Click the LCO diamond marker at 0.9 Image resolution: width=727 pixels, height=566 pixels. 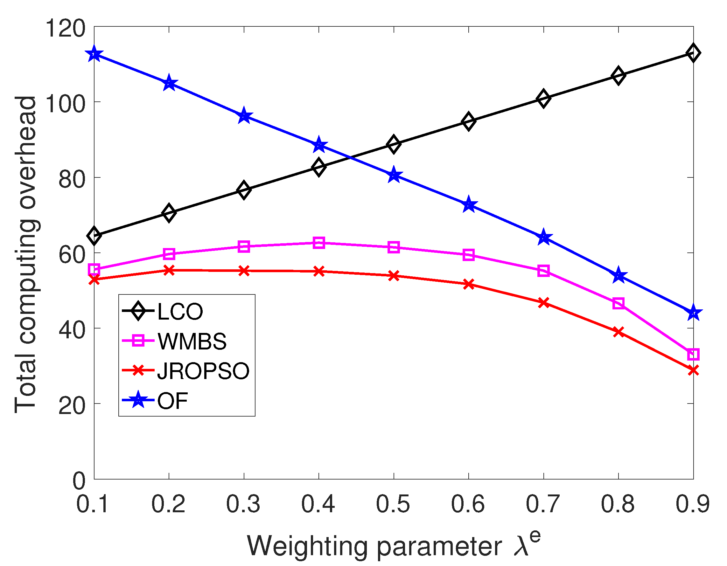(x=693, y=52)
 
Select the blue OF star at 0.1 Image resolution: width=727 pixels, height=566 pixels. (x=94, y=54)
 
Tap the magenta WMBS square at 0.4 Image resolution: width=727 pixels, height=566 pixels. (x=319, y=243)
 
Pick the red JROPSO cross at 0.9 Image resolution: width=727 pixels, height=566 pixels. (x=693, y=370)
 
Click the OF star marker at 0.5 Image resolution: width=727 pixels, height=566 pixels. (x=394, y=175)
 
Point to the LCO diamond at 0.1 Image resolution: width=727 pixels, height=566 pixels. (x=94, y=236)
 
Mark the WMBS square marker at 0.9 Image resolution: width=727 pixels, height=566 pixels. (x=693, y=354)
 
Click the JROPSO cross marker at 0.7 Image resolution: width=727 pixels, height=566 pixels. (x=544, y=303)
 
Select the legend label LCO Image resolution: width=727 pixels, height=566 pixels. (x=180, y=312)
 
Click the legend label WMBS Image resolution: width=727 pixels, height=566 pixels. (x=192, y=342)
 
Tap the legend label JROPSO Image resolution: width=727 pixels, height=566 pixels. (x=203, y=371)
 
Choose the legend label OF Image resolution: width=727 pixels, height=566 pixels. (x=172, y=401)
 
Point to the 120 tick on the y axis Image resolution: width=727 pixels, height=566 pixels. (x=65, y=28)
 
